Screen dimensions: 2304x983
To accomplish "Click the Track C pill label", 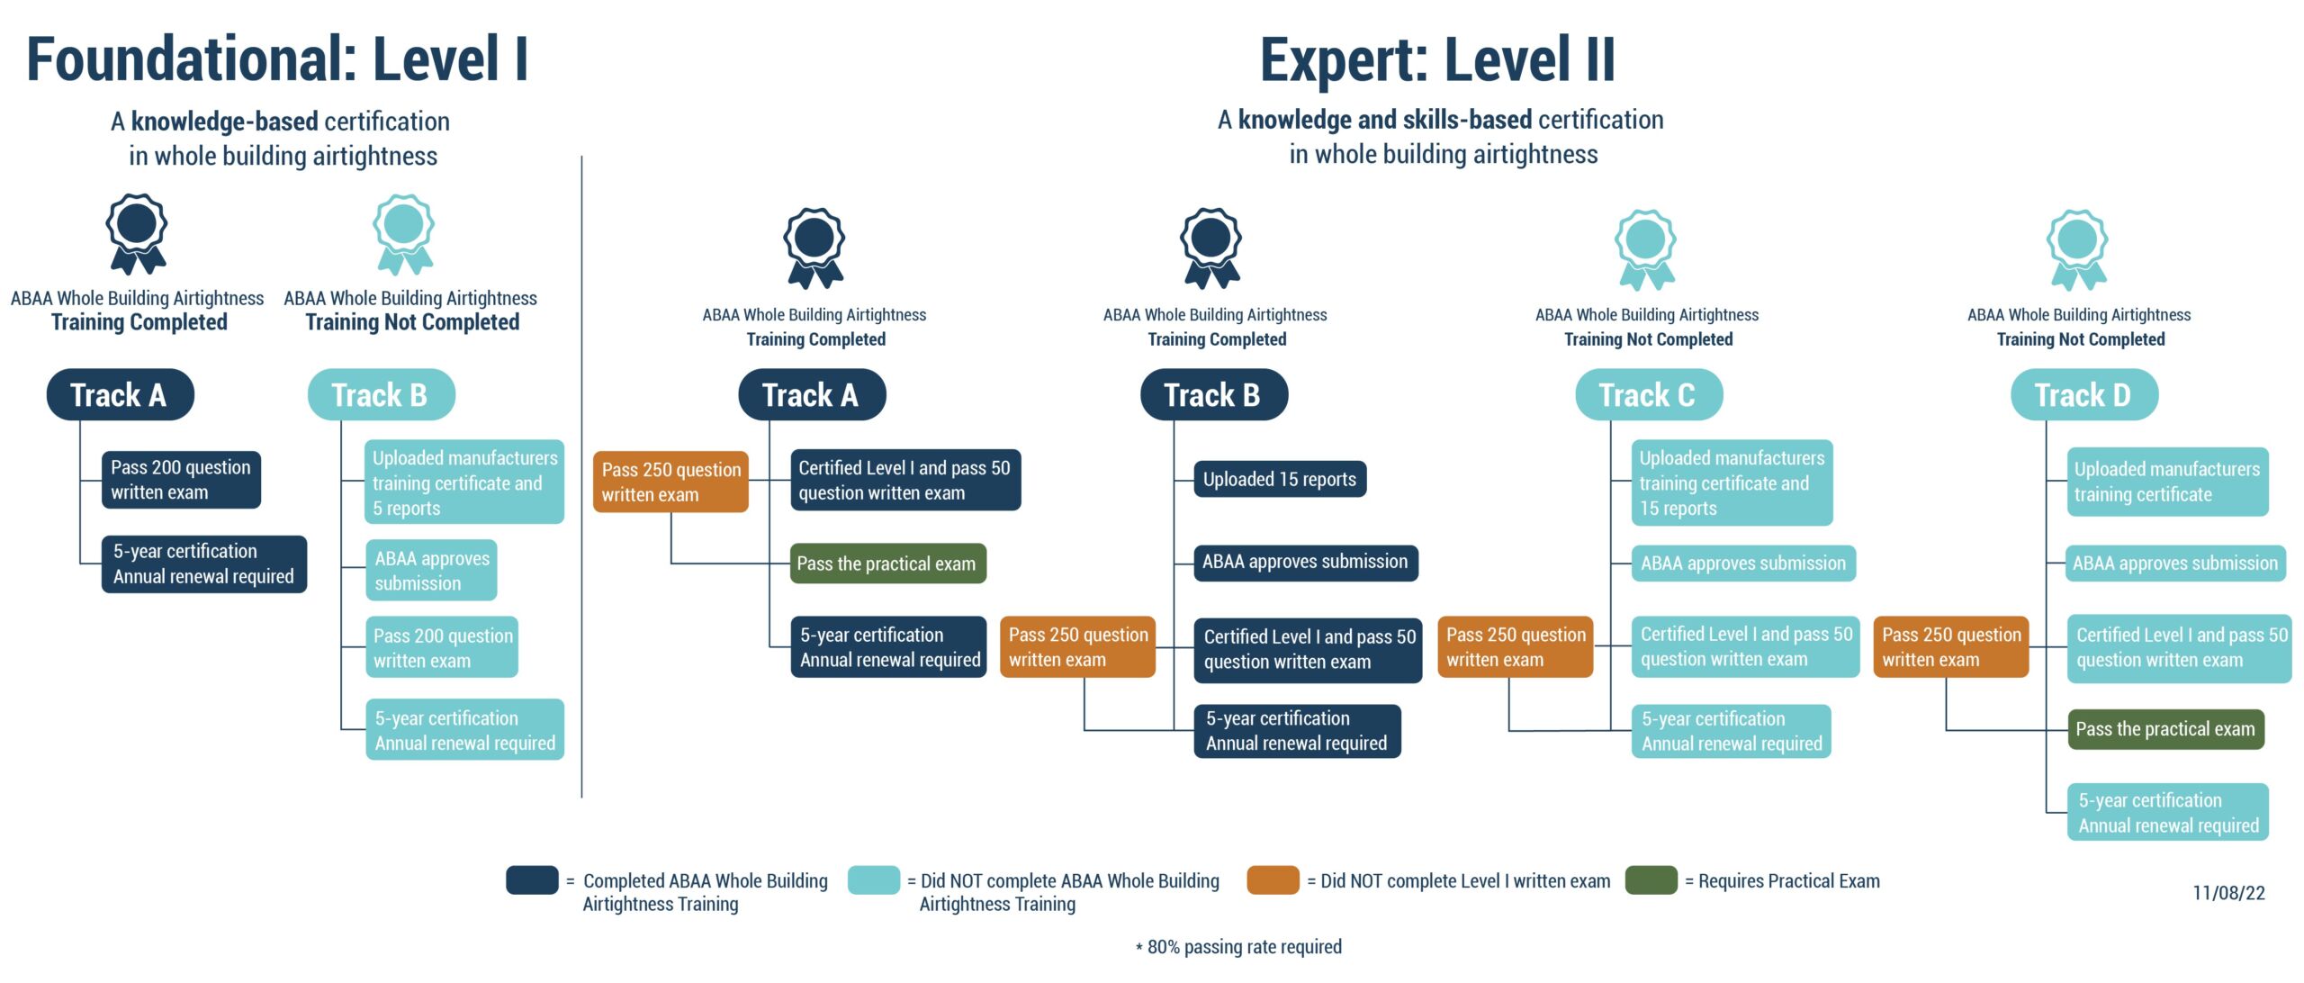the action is pyautogui.click(x=1649, y=394).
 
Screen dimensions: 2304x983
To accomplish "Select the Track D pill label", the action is pyautogui.click(x=2084, y=394).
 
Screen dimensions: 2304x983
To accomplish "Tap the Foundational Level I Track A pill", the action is pyautogui.click(x=121, y=394).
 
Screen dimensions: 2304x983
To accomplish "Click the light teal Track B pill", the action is pyautogui.click(x=382, y=394).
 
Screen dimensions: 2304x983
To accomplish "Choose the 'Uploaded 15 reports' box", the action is pyautogui.click(x=1280, y=479).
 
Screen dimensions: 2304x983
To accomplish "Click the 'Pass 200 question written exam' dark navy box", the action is pyautogui.click(x=181, y=480).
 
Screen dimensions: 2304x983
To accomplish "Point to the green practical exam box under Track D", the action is pyautogui.click(x=2165, y=729).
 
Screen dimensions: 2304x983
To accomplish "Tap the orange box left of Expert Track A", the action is pyautogui.click(x=670, y=482).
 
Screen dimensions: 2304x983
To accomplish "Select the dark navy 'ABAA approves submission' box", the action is pyautogui.click(x=1306, y=563).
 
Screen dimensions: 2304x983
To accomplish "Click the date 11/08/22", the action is pyautogui.click(x=2228, y=893).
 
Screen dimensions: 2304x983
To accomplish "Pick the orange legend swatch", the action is pyautogui.click(x=1273, y=880).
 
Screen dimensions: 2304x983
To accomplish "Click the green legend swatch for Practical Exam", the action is pyautogui.click(x=1651, y=880).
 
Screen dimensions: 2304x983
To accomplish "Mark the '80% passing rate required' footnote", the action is pyautogui.click(x=1238, y=947).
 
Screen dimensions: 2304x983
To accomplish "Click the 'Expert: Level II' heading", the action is pyautogui.click(x=1437, y=59).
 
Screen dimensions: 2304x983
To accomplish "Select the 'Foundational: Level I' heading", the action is pyautogui.click(x=277, y=59).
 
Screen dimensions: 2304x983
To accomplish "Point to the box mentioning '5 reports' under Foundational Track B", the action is pyautogui.click(x=464, y=482).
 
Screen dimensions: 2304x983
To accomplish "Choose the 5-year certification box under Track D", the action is pyautogui.click(x=2168, y=813).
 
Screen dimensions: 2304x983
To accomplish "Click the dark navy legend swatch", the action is pyautogui.click(x=532, y=880).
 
